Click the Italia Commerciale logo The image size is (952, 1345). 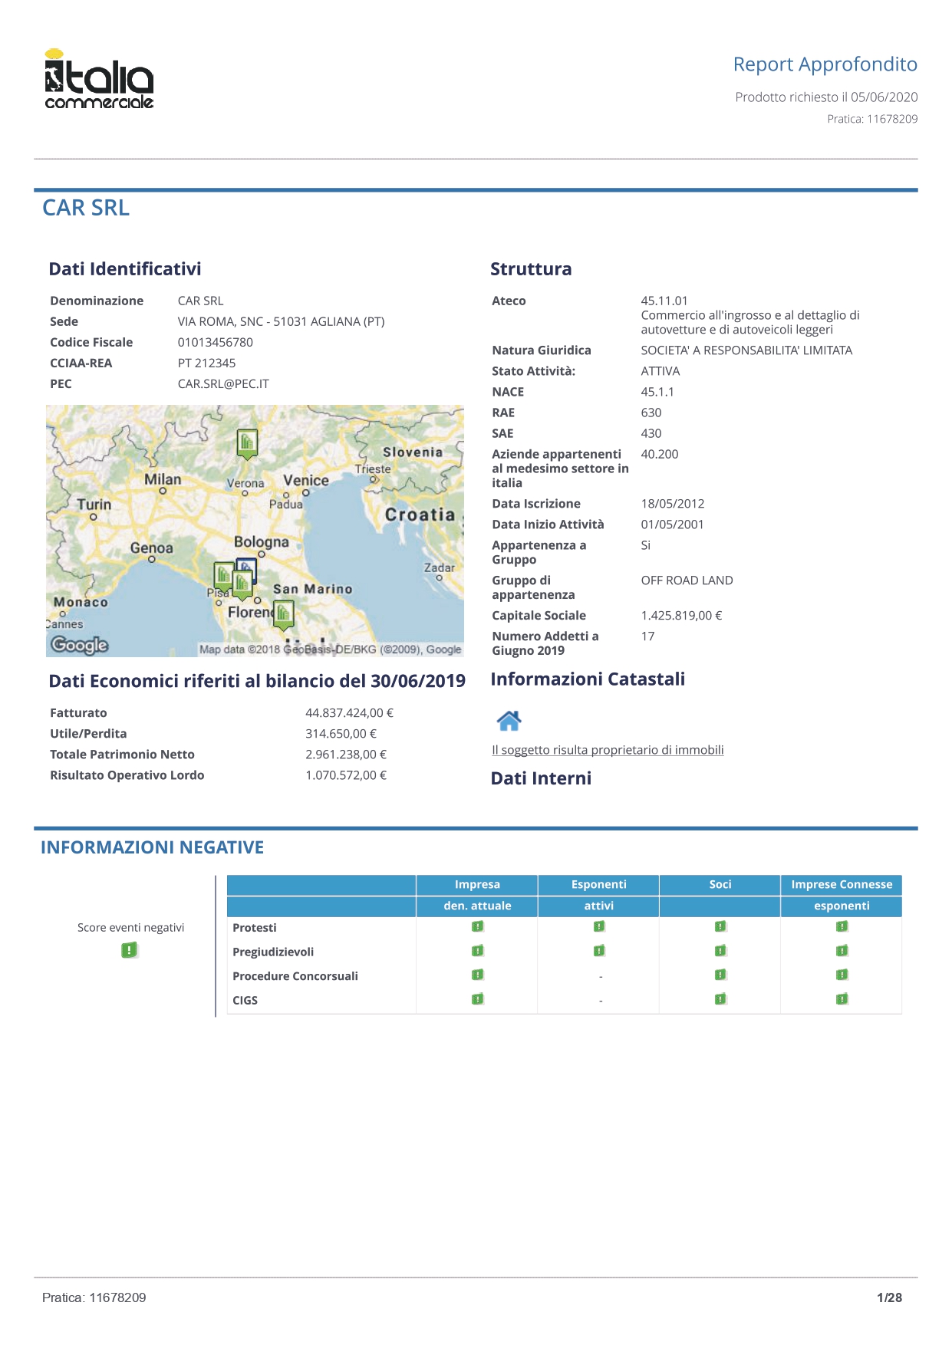point(99,80)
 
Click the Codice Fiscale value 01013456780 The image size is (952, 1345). point(215,342)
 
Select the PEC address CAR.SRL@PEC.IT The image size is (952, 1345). point(223,383)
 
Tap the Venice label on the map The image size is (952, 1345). point(305,480)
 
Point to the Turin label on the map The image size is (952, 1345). point(94,505)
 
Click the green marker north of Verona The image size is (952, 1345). point(247,443)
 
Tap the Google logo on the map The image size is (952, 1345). point(80,645)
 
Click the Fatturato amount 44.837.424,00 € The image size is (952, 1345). point(349,712)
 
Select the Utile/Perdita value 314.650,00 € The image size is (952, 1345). point(341,733)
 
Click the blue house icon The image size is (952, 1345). point(509,721)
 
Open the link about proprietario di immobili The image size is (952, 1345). point(608,750)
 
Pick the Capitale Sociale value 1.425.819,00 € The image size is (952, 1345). point(681,615)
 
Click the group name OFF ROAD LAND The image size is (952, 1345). point(687,580)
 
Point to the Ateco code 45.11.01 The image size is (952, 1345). point(664,301)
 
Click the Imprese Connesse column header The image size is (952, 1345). point(842,884)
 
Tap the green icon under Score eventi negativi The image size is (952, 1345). point(130,950)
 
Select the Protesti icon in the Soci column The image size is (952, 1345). point(720,926)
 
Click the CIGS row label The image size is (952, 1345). point(245,1000)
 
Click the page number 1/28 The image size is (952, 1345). point(889,1297)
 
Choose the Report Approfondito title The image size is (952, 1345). point(825,64)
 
